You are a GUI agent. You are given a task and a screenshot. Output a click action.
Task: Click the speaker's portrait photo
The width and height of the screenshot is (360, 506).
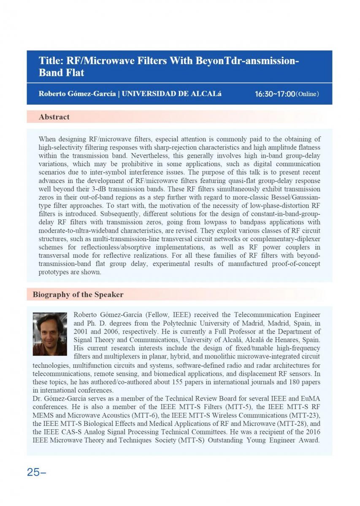(50, 334)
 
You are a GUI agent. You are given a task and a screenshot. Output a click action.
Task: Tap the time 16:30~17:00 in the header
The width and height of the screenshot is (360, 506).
(275, 94)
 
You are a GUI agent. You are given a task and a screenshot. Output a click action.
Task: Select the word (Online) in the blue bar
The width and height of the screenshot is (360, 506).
(307, 94)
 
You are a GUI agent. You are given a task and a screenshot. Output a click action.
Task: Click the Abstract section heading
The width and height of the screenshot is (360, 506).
(54, 117)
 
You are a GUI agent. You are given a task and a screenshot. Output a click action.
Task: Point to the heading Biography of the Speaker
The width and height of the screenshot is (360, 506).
(78, 294)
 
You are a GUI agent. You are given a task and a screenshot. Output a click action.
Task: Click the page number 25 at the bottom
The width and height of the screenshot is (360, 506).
(33, 472)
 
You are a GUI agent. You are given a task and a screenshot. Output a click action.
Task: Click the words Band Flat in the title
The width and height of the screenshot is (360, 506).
(61, 73)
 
